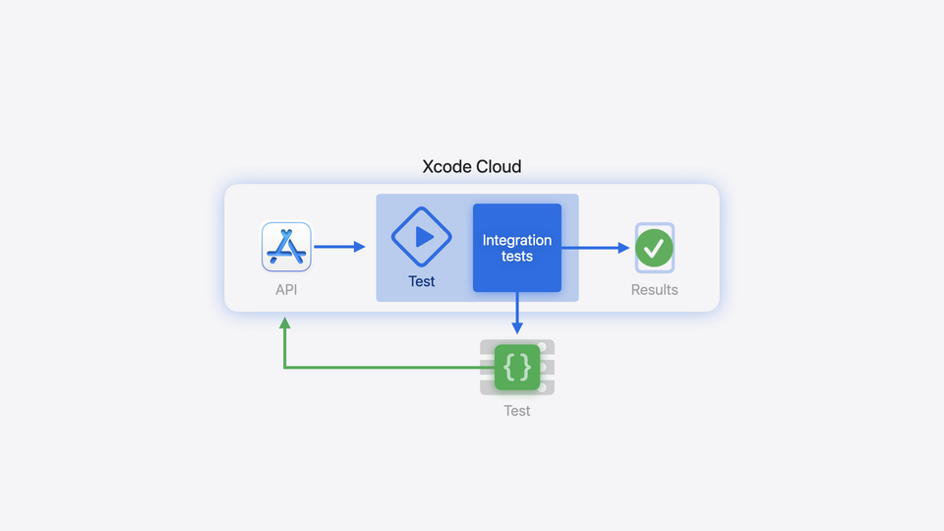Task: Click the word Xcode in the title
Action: point(446,167)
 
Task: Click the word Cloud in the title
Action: point(499,167)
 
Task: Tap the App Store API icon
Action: point(286,247)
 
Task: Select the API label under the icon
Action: point(286,290)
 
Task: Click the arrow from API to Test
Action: point(339,248)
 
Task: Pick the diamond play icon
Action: point(422,237)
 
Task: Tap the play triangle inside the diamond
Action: point(424,237)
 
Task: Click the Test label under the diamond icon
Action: point(422,282)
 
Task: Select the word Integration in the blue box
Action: point(517,240)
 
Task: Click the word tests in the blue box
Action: point(517,257)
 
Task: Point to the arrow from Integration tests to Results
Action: point(596,248)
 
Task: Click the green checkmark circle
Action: point(654,248)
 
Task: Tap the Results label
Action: point(654,290)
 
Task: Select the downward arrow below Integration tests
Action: point(517,315)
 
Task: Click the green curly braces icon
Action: point(517,368)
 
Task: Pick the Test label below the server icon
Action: point(517,411)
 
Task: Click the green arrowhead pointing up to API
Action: point(284,323)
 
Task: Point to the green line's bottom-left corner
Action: point(284,368)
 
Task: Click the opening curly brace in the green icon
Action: point(508,368)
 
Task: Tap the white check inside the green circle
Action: point(654,248)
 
